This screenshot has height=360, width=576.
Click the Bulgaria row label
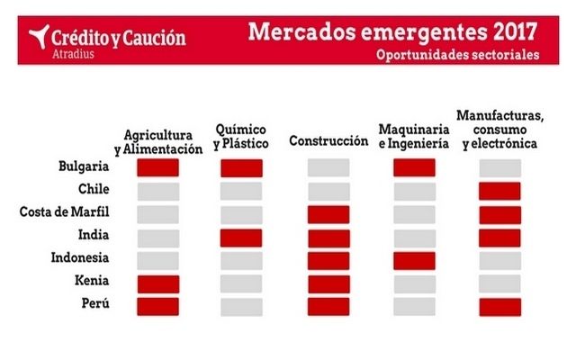pyautogui.click(x=84, y=166)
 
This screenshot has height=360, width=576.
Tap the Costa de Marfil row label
pyautogui.click(x=64, y=212)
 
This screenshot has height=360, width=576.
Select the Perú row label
pyautogui.click(x=95, y=303)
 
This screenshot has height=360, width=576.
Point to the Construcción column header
pyautogui.click(x=328, y=140)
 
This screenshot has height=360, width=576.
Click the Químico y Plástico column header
pyautogui.click(x=241, y=137)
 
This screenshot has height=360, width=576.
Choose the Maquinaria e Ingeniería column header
pyautogui.click(x=414, y=136)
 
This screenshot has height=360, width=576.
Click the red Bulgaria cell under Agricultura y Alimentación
pyautogui.click(x=158, y=167)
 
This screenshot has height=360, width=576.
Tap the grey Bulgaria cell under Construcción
pyautogui.click(x=328, y=167)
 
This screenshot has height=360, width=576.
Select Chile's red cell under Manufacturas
pyautogui.click(x=499, y=191)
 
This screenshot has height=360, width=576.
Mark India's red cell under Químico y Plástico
pyautogui.click(x=241, y=238)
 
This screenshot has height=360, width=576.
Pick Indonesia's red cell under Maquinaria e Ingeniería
pyautogui.click(x=414, y=261)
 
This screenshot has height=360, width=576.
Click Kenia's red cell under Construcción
pyautogui.click(x=329, y=284)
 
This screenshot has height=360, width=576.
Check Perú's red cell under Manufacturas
pyautogui.click(x=500, y=307)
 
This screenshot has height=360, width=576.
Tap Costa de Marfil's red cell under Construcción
pyautogui.click(x=328, y=214)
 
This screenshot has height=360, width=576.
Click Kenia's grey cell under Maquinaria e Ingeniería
pyautogui.click(x=415, y=284)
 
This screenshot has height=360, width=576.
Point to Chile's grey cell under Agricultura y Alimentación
pyautogui.click(x=158, y=192)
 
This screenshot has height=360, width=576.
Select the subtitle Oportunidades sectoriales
pyautogui.click(x=458, y=55)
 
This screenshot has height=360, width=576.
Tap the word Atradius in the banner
pyautogui.click(x=73, y=54)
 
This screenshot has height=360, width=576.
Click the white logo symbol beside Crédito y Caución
pyautogui.click(x=40, y=36)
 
